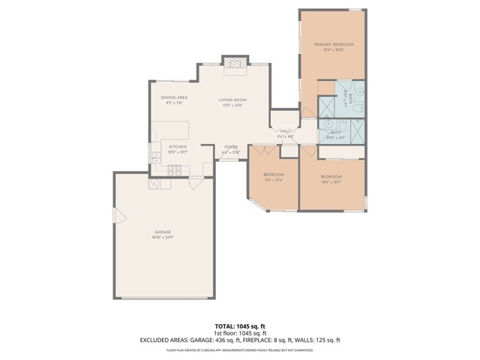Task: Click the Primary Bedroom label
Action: coord(333,45)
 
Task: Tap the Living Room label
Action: coord(232,99)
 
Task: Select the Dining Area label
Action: coord(174,98)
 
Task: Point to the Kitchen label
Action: coord(177,146)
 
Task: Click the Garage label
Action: coord(163,232)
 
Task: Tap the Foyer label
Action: coord(231,147)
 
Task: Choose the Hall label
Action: coord(286,130)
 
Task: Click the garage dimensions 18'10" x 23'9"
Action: coord(163,237)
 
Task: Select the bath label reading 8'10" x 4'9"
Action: coord(335,138)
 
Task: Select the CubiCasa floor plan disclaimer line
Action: coord(239,349)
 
